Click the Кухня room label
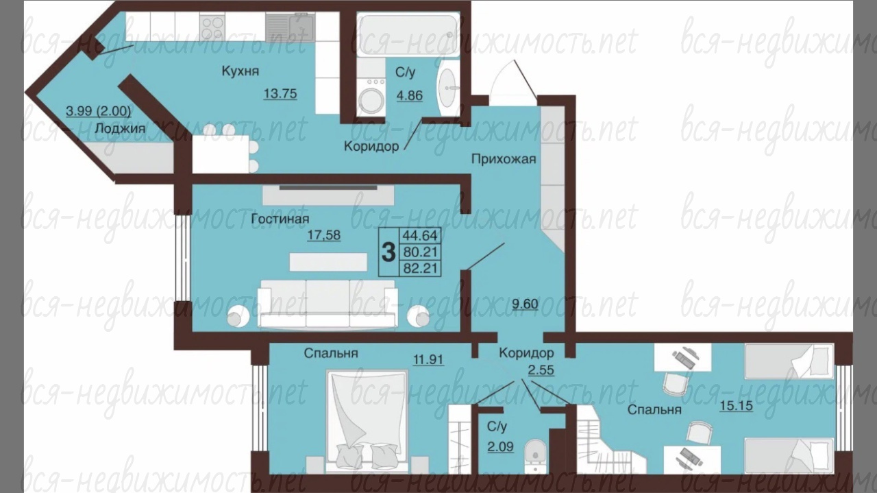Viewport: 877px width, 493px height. [x=240, y=71]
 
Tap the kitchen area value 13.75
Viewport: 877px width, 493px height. [x=280, y=94]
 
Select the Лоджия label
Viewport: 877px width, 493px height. [x=120, y=128]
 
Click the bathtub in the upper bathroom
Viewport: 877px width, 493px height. [x=407, y=34]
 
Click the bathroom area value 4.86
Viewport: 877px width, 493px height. [x=410, y=95]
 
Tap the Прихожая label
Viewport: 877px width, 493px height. [x=504, y=158]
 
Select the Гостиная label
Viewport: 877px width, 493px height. [x=280, y=218]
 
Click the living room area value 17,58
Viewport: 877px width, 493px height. [x=324, y=235]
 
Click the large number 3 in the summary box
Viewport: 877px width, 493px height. [x=388, y=252]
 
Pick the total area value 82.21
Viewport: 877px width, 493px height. [x=420, y=269]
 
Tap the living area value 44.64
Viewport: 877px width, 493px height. [x=420, y=235]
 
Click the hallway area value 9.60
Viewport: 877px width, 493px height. [x=525, y=304]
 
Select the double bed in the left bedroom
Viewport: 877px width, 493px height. [x=367, y=421]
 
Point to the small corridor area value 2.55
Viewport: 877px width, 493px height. [x=541, y=370]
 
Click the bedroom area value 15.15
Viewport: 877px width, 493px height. [x=736, y=406]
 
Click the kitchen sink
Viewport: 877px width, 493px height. [x=290, y=27]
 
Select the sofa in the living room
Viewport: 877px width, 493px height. [x=328, y=304]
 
